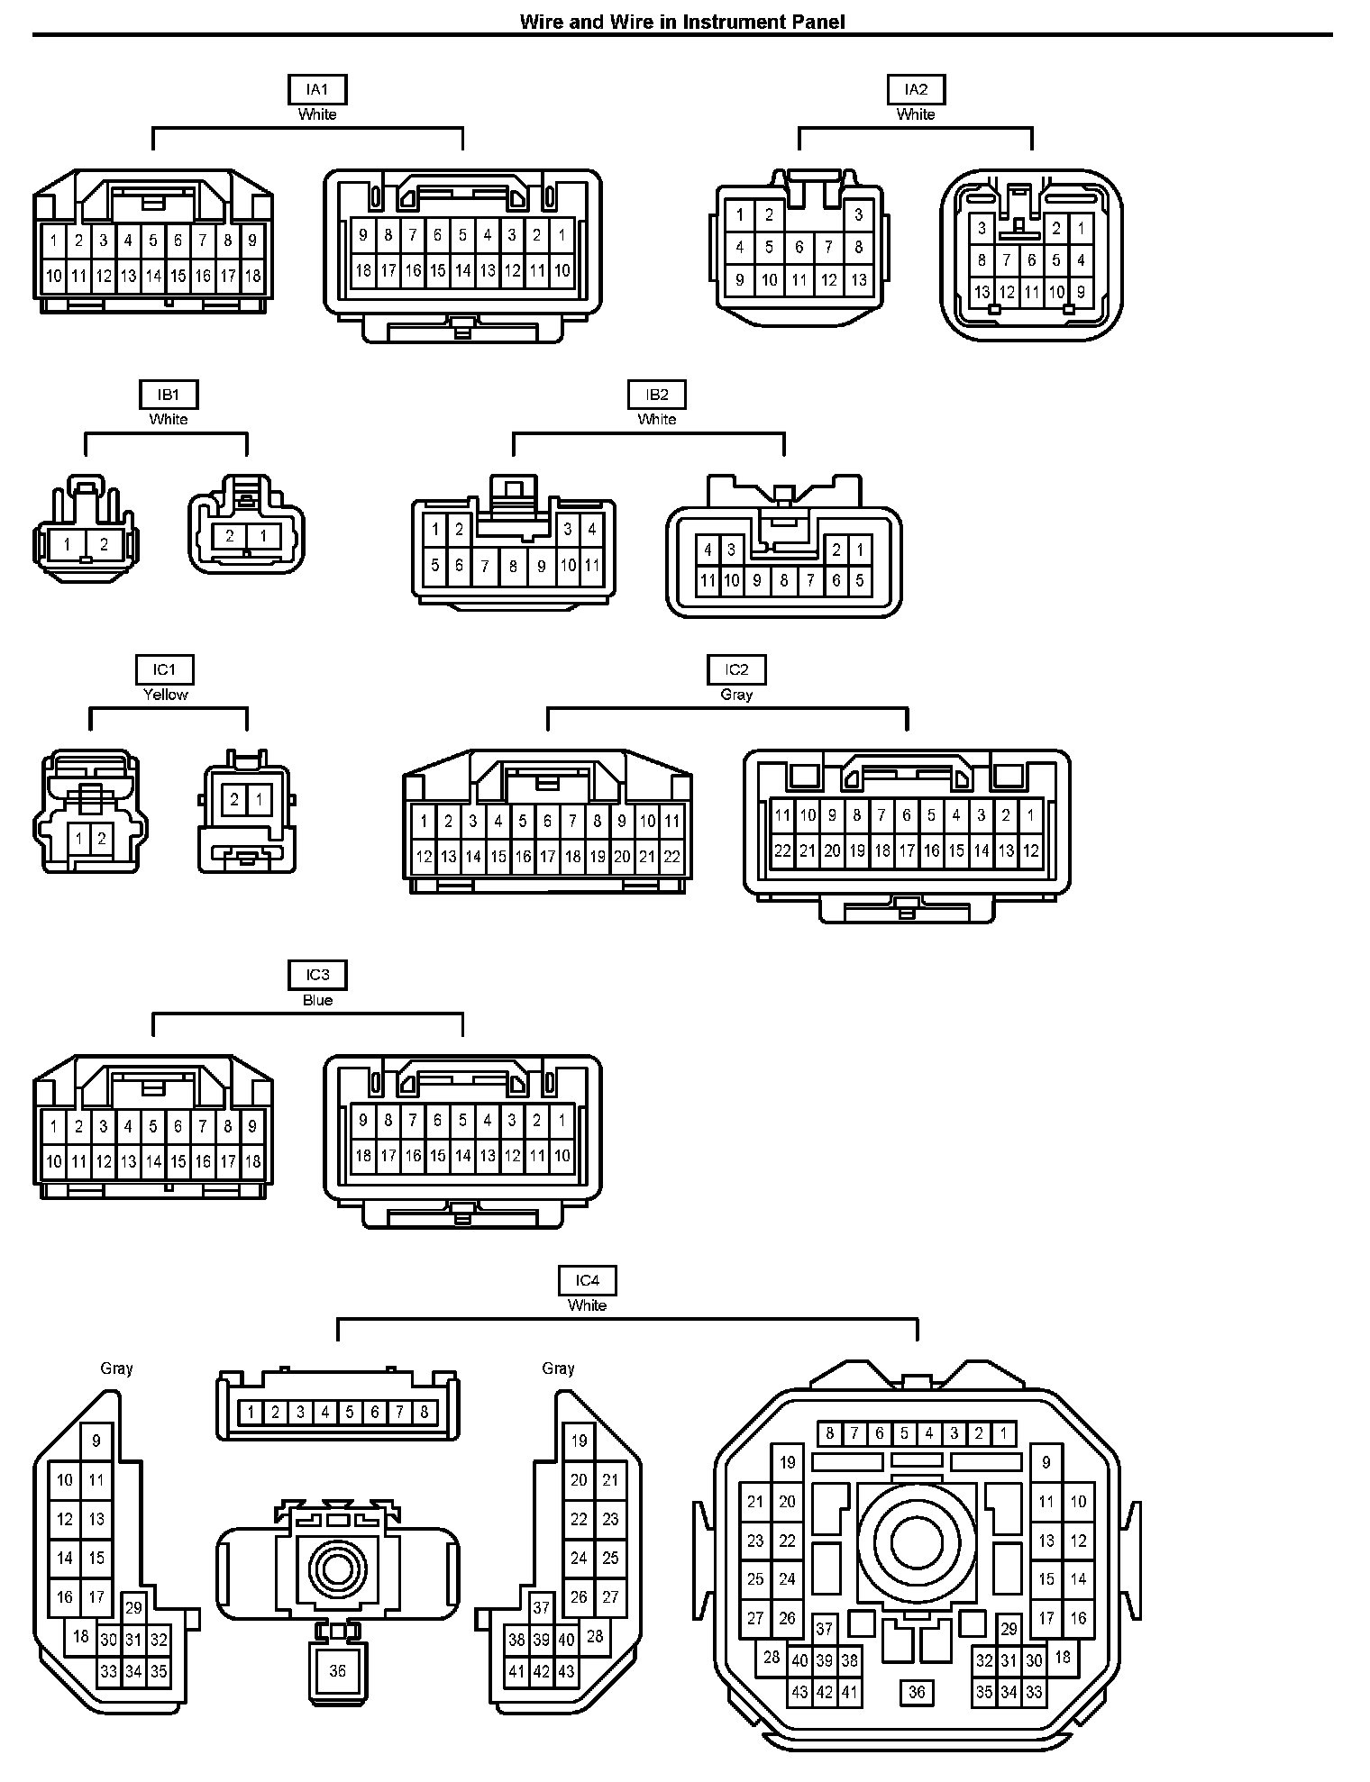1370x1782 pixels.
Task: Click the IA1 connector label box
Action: tap(317, 89)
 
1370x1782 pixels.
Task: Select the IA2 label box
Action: tap(916, 89)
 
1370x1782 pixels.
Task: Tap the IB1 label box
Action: tap(169, 395)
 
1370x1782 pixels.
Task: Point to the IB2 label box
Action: tap(657, 395)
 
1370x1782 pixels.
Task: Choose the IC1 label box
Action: tap(165, 670)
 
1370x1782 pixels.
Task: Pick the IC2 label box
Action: tap(736, 670)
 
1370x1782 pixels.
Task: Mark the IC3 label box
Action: tap(317, 975)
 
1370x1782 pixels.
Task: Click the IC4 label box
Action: tap(587, 1280)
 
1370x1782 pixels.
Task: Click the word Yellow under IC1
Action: tap(166, 695)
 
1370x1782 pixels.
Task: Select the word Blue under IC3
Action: tap(317, 1000)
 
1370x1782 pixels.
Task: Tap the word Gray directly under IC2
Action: tap(736, 695)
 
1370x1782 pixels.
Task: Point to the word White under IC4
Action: tap(587, 1305)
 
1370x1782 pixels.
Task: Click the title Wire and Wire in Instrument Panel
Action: tap(682, 22)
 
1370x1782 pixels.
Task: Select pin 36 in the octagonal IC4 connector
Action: tap(917, 1692)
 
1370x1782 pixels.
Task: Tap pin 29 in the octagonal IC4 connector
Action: tap(1009, 1628)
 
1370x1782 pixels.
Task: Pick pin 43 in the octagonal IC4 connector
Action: tap(799, 1692)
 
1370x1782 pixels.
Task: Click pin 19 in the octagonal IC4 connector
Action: tap(788, 1462)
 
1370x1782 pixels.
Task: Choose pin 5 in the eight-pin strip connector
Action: tap(350, 1412)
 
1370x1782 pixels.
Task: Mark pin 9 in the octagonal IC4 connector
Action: tap(1046, 1462)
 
